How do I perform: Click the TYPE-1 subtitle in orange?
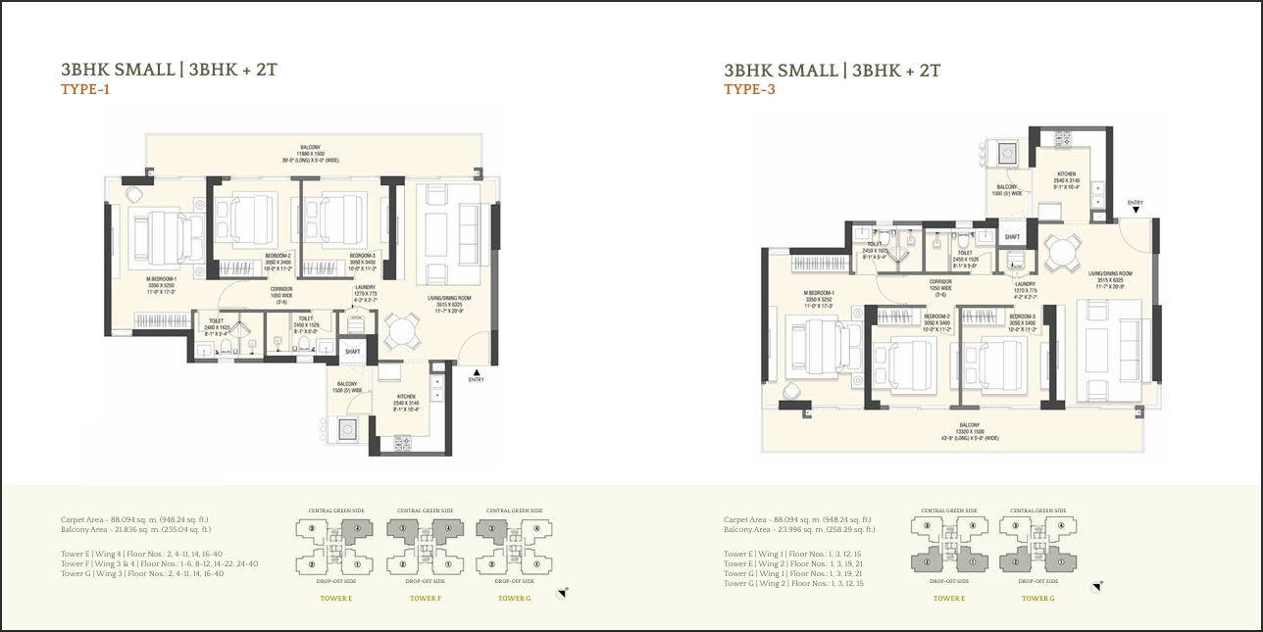(x=85, y=90)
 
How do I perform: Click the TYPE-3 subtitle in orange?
(x=749, y=90)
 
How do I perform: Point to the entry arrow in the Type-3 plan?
(x=1135, y=210)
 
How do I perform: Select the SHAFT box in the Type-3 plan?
(x=1012, y=236)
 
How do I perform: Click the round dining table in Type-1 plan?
(x=399, y=330)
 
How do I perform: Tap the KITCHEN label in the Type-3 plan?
(x=1066, y=174)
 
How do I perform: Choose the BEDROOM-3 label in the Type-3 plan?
(x=1023, y=316)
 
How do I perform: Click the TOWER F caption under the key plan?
(x=424, y=598)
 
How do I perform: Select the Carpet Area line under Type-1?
(x=135, y=519)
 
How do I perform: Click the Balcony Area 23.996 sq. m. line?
(x=799, y=529)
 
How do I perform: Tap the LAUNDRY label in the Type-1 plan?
(x=365, y=287)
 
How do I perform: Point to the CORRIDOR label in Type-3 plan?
(x=940, y=282)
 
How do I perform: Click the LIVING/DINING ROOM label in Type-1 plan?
(x=448, y=298)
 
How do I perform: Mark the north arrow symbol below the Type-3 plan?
(x=1096, y=587)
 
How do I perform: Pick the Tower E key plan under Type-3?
(x=948, y=545)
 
